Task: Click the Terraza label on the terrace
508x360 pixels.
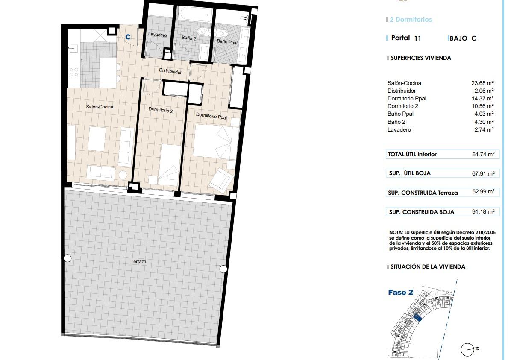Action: tap(138, 261)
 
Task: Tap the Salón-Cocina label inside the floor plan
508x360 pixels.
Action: tap(100, 107)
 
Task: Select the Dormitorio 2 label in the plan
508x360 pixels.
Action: tap(161, 110)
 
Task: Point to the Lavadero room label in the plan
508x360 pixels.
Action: tap(158, 34)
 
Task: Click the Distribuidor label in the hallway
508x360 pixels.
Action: tap(170, 72)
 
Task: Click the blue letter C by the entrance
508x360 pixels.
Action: tap(128, 37)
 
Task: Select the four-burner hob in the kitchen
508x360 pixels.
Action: tap(73, 72)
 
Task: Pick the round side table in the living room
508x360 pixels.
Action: tap(123, 175)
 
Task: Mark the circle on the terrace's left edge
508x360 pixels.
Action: tap(68, 258)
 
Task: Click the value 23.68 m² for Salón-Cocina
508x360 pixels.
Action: tap(482, 83)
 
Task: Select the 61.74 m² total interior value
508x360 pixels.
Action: tap(483, 155)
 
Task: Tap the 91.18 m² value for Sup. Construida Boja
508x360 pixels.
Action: tap(483, 212)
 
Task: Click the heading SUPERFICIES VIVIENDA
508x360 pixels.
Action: tap(421, 58)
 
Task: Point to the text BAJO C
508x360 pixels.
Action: tap(463, 38)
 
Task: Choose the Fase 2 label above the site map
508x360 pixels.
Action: tap(400, 293)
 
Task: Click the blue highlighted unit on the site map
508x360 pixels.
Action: tap(417, 317)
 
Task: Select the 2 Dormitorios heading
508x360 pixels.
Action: tap(411, 19)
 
